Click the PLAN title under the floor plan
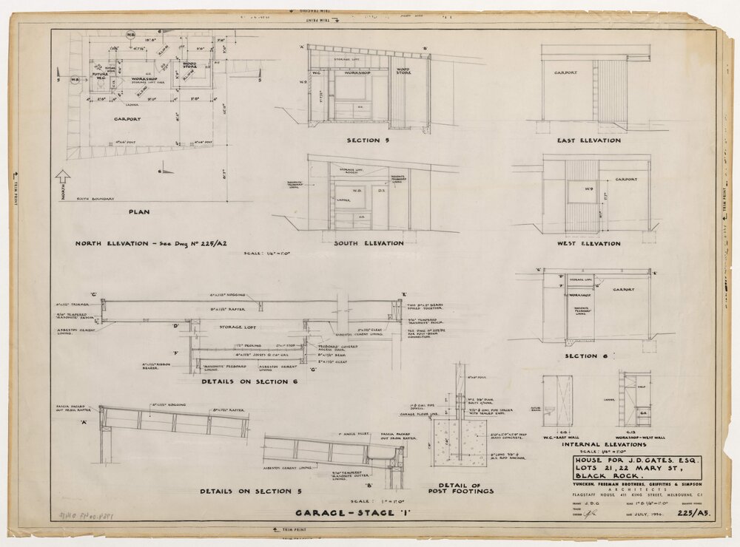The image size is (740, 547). (x=139, y=212)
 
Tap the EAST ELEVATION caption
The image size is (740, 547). (x=589, y=140)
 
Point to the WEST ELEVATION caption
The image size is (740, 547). (x=589, y=243)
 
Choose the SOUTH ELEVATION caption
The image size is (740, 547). (x=369, y=243)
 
